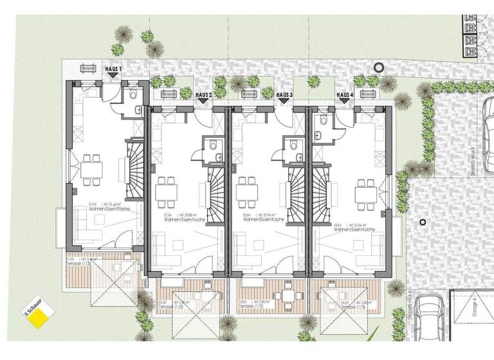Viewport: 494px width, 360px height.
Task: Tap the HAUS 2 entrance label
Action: point(203,94)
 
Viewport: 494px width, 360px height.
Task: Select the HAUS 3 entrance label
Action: point(284,94)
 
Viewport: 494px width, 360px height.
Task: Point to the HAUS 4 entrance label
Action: point(345,94)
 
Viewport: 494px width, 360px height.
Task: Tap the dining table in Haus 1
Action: point(91,169)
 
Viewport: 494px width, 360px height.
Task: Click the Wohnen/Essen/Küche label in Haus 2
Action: point(184,221)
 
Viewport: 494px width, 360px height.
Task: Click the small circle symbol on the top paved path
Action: point(378,66)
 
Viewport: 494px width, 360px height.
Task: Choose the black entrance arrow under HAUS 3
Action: point(283,102)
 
